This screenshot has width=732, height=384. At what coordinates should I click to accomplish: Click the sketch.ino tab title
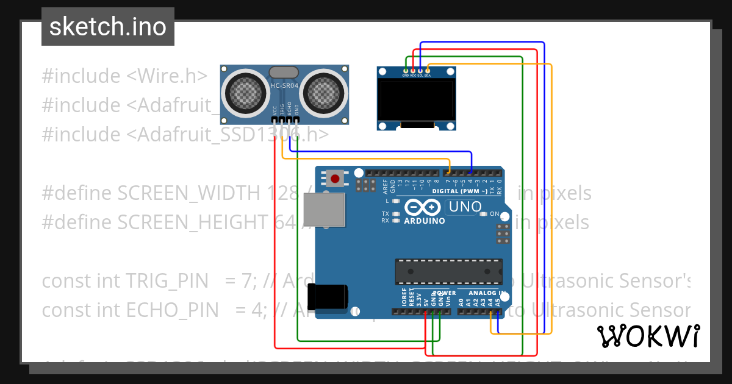click(107, 27)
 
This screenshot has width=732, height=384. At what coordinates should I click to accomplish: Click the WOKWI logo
click(648, 336)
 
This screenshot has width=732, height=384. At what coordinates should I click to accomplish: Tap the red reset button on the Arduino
click(335, 179)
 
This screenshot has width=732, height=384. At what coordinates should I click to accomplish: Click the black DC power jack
click(328, 296)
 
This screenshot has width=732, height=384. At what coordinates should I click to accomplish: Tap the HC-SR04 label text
click(284, 86)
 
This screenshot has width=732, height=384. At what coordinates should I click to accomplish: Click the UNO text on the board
click(465, 207)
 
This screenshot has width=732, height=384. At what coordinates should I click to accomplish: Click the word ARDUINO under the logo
click(425, 221)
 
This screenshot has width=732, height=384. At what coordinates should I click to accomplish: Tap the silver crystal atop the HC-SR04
click(284, 73)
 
